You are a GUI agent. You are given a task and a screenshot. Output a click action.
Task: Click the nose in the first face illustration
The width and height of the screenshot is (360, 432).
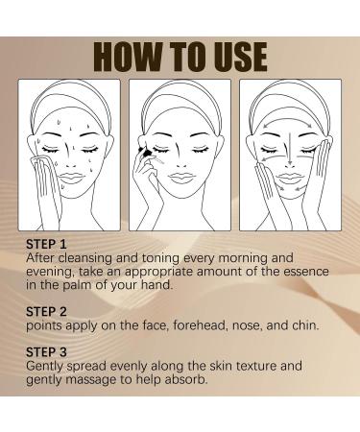(68, 155)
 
